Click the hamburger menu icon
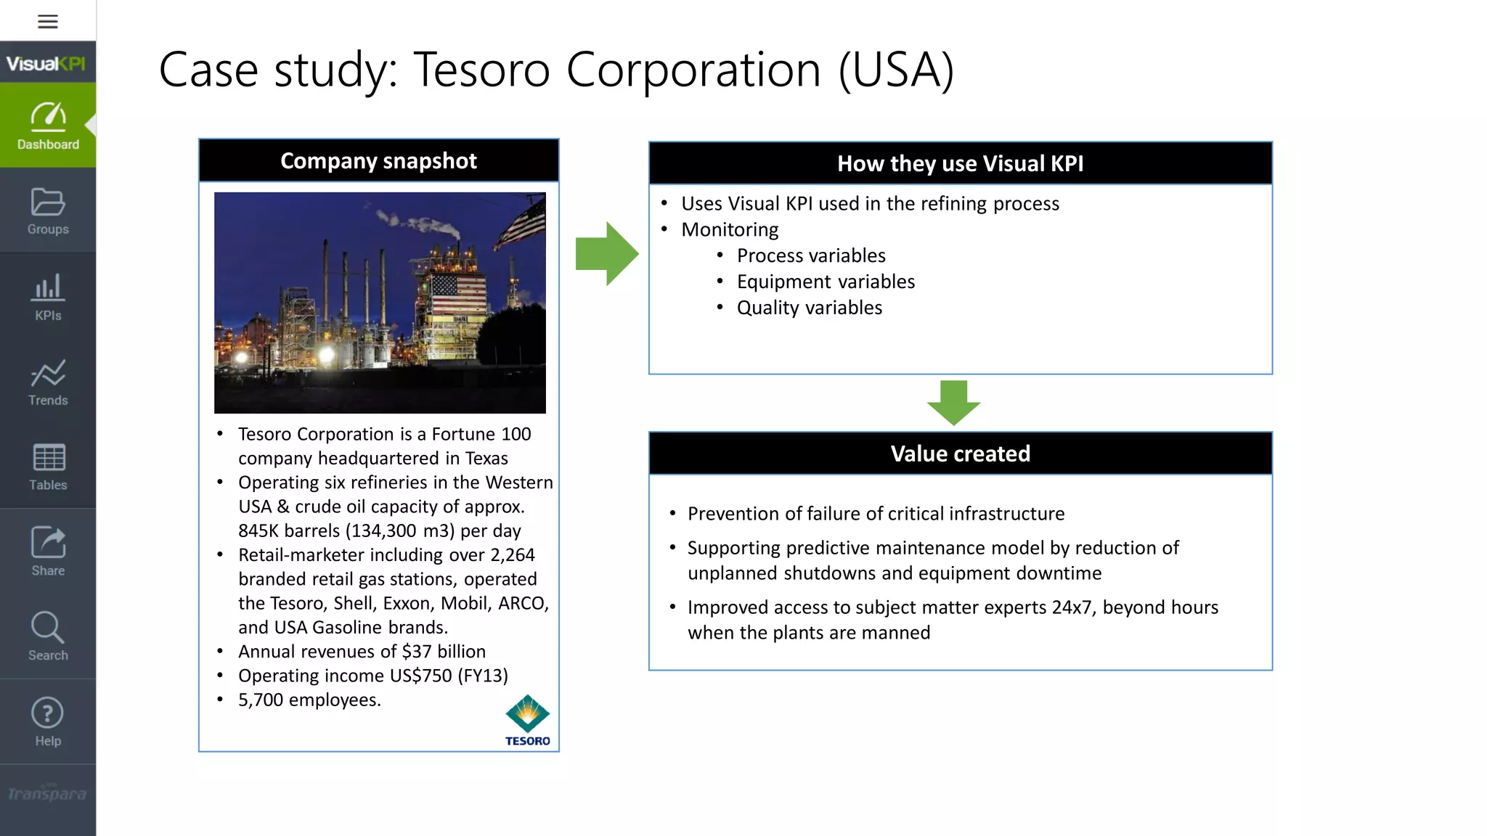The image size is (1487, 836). click(48, 22)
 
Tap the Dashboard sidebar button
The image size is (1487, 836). click(48, 126)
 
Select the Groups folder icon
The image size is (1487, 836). click(48, 202)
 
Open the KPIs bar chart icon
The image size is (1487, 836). click(48, 288)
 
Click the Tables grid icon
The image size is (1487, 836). click(48, 458)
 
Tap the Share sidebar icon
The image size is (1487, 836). click(48, 543)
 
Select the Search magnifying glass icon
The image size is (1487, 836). click(48, 628)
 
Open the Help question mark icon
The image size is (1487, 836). click(48, 713)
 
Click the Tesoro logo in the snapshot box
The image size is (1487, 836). click(528, 720)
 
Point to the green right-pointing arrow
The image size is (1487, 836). click(607, 254)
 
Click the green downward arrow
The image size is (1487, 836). click(953, 402)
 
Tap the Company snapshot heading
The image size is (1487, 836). click(378, 161)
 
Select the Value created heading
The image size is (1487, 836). click(960, 454)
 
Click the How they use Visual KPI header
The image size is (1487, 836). click(960, 164)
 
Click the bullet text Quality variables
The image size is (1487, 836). click(809, 308)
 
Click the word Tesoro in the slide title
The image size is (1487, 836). click(481, 70)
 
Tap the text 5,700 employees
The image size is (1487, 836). click(309, 700)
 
